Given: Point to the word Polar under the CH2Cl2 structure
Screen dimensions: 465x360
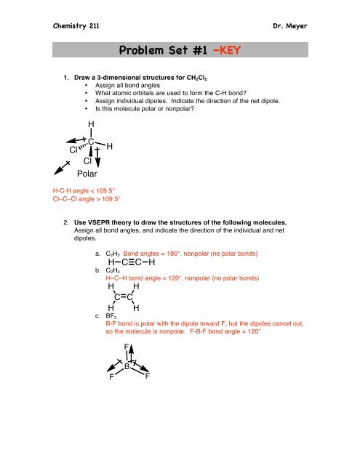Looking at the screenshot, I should pos(91,175).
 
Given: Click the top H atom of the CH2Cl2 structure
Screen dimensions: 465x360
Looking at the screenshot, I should pos(90,125).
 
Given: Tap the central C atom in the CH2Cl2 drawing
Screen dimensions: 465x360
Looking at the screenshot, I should pos(92,142).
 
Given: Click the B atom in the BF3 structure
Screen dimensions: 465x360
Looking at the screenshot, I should pos(127,366).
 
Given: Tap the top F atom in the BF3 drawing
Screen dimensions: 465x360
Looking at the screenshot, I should pos(127,347).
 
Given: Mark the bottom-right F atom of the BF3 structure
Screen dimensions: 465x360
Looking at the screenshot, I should pos(148,377).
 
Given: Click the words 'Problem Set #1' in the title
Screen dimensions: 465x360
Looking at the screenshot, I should pos(155,50).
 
